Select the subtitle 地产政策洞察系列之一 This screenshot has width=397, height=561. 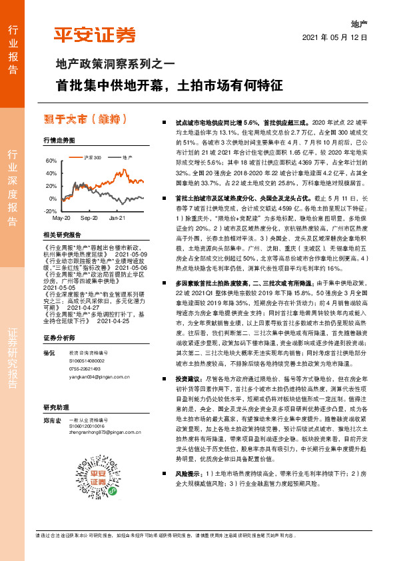(114, 65)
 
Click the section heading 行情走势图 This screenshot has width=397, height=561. (59, 140)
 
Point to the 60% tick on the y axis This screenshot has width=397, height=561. (50, 161)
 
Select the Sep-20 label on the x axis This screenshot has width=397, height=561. (89, 218)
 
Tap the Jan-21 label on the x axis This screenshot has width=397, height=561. (117, 218)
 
